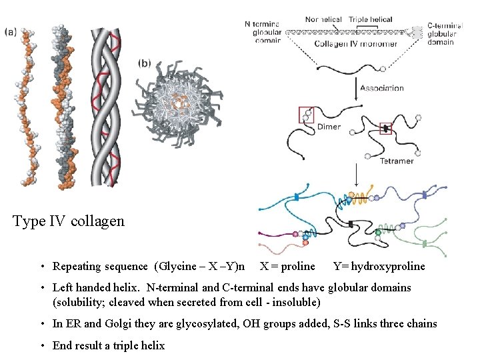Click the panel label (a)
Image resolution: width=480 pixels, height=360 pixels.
(x=11, y=31)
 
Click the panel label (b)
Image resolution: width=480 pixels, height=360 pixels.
(x=145, y=63)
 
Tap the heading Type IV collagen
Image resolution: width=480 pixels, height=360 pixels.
(x=69, y=221)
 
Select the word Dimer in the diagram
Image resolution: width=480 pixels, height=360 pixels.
(x=329, y=127)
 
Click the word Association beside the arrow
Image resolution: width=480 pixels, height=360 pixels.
(x=381, y=87)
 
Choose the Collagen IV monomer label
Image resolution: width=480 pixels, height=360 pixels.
(x=356, y=44)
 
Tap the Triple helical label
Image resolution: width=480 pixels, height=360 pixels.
(x=371, y=20)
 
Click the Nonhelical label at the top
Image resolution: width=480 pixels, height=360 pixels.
(x=323, y=20)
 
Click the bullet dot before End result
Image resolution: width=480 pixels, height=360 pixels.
(x=41, y=345)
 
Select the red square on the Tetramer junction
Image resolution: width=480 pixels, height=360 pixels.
(x=386, y=127)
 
